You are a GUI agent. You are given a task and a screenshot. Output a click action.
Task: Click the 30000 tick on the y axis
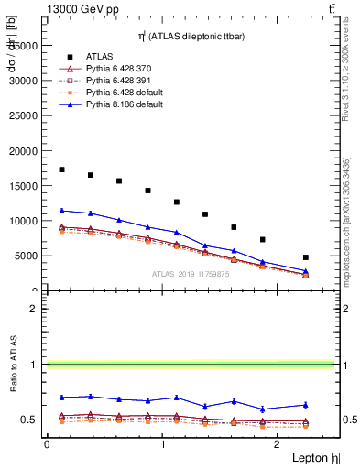pyautogui.click(x=25, y=81)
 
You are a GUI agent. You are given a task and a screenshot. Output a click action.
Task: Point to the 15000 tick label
pyautogui.click(x=25, y=186)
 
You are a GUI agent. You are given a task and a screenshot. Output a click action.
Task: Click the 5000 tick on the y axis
pyautogui.click(x=27, y=256)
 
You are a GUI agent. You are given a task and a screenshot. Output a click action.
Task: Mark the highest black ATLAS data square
pyautogui.click(x=61, y=169)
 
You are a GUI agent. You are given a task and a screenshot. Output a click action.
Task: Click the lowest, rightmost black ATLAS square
pyautogui.click(x=306, y=257)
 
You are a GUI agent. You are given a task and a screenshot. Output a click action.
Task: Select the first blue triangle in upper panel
pyautogui.click(x=61, y=211)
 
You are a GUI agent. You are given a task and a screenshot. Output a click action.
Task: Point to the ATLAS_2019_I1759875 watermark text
pyautogui.click(x=191, y=274)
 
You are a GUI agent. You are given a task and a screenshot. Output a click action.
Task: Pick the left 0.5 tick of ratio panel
pyautogui.click(x=33, y=420)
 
